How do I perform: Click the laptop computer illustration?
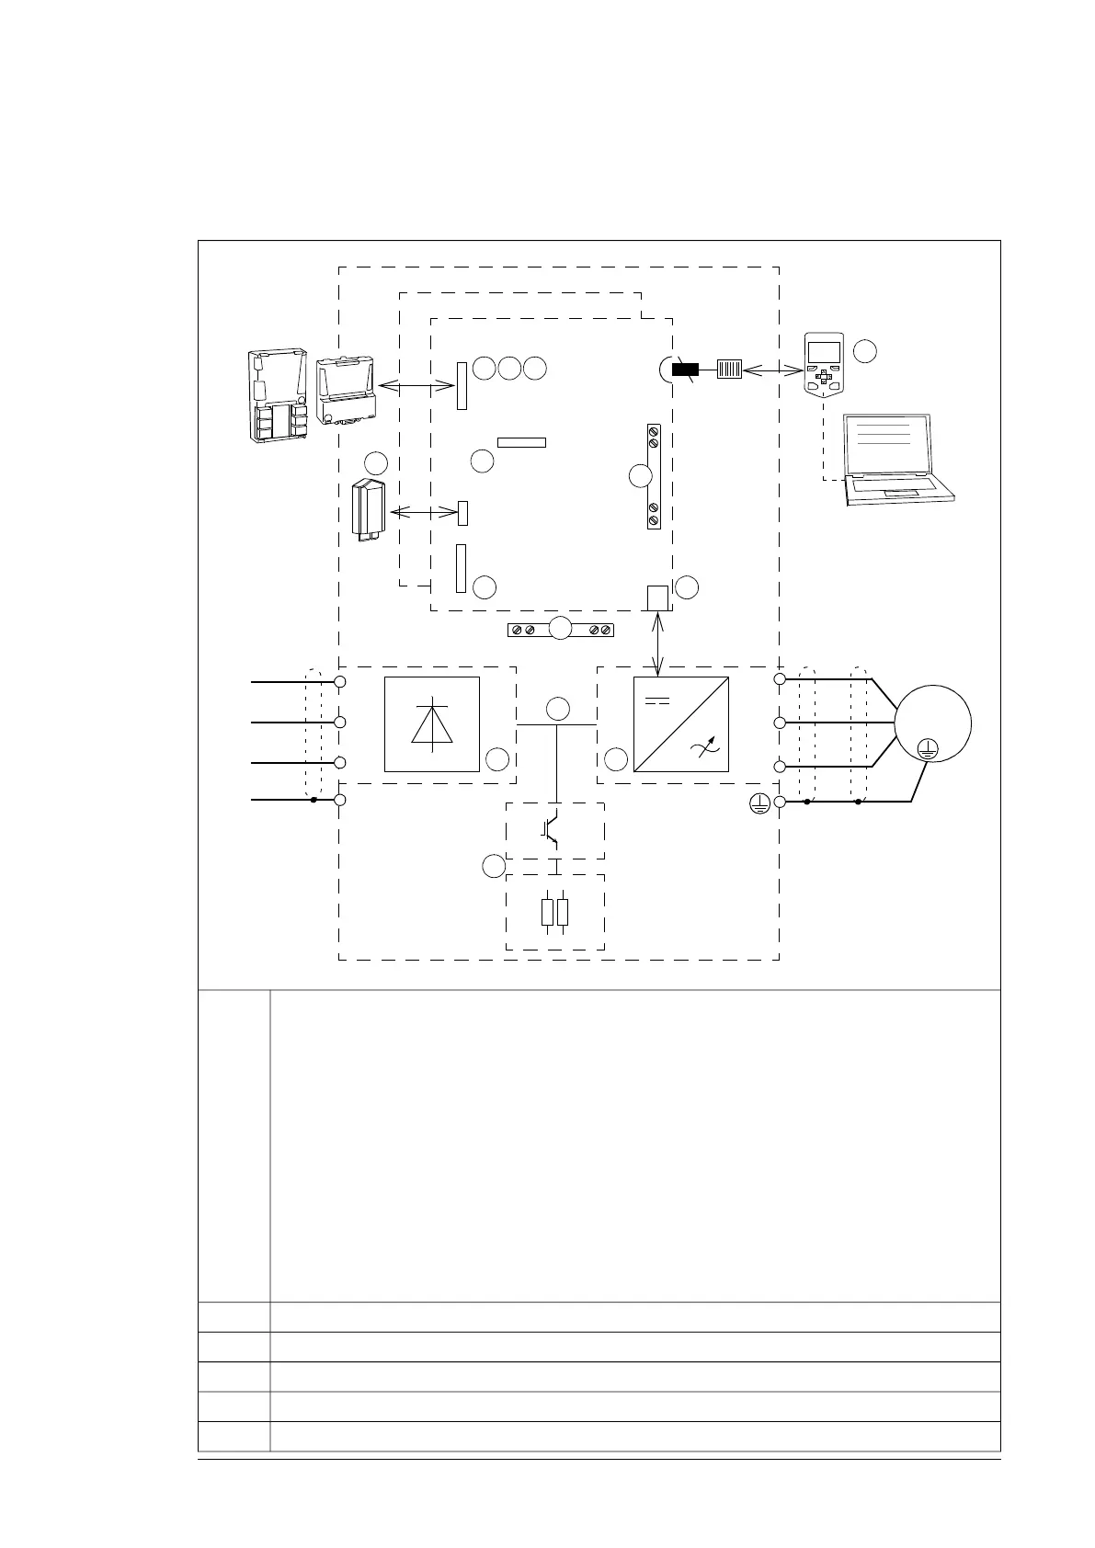point(896,460)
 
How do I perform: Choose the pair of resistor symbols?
point(555,912)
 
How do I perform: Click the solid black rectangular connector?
point(685,370)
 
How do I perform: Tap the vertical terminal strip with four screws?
point(654,476)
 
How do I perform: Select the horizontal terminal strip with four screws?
point(561,630)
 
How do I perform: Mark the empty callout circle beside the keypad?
point(864,350)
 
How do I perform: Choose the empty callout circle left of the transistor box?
point(494,866)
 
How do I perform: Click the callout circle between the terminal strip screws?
point(561,630)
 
